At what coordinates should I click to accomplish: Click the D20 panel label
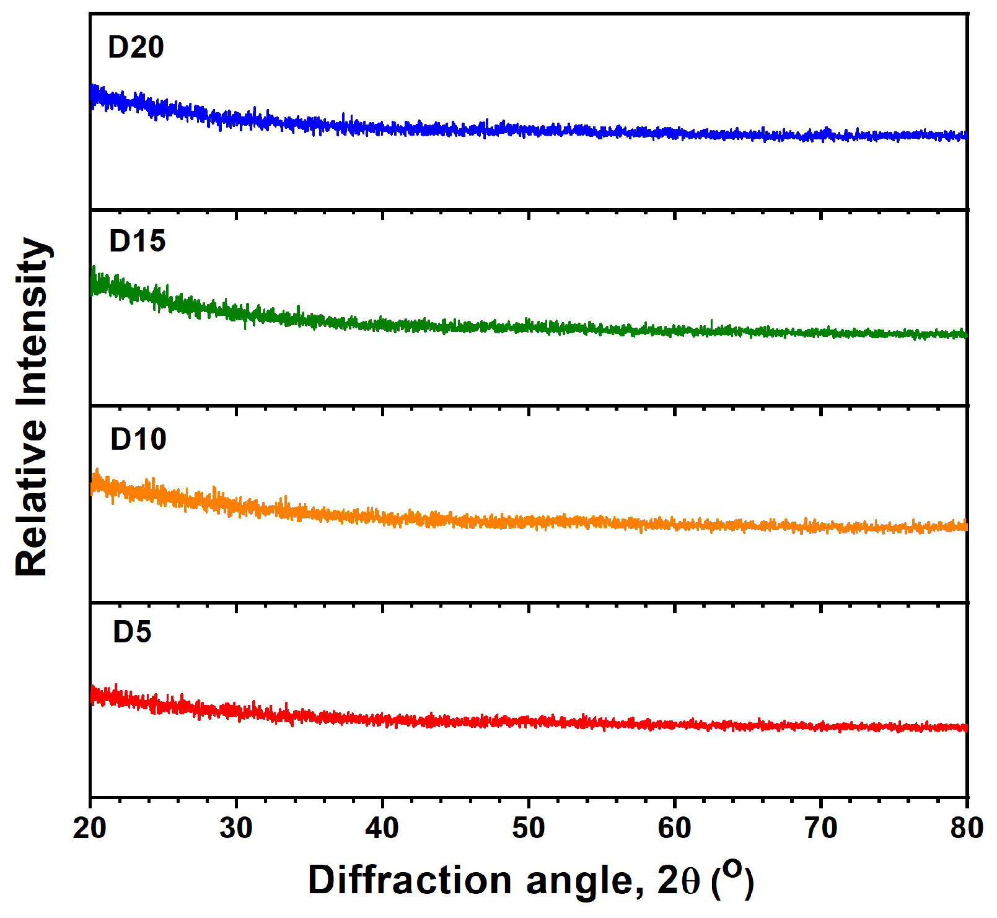[136, 48]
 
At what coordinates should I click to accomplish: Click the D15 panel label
[137, 242]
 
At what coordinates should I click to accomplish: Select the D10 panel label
[138, 439]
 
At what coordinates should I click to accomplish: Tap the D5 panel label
[132, 632]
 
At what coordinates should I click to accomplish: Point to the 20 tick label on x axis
[90, 828]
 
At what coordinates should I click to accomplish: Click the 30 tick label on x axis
[236, 828]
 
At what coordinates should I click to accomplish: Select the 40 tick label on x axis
[382, 828]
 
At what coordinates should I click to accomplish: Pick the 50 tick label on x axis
[529, 828]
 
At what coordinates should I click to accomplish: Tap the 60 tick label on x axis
[675, 828]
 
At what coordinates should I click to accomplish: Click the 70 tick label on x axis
[821, 828]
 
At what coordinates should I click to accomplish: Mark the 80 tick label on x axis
[967, 828]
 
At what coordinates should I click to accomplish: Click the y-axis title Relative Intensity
[32, 407]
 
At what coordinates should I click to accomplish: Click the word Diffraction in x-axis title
[409, 880]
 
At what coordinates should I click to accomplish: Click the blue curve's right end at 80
[964, 135]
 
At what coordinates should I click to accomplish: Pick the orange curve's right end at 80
[964, 526]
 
